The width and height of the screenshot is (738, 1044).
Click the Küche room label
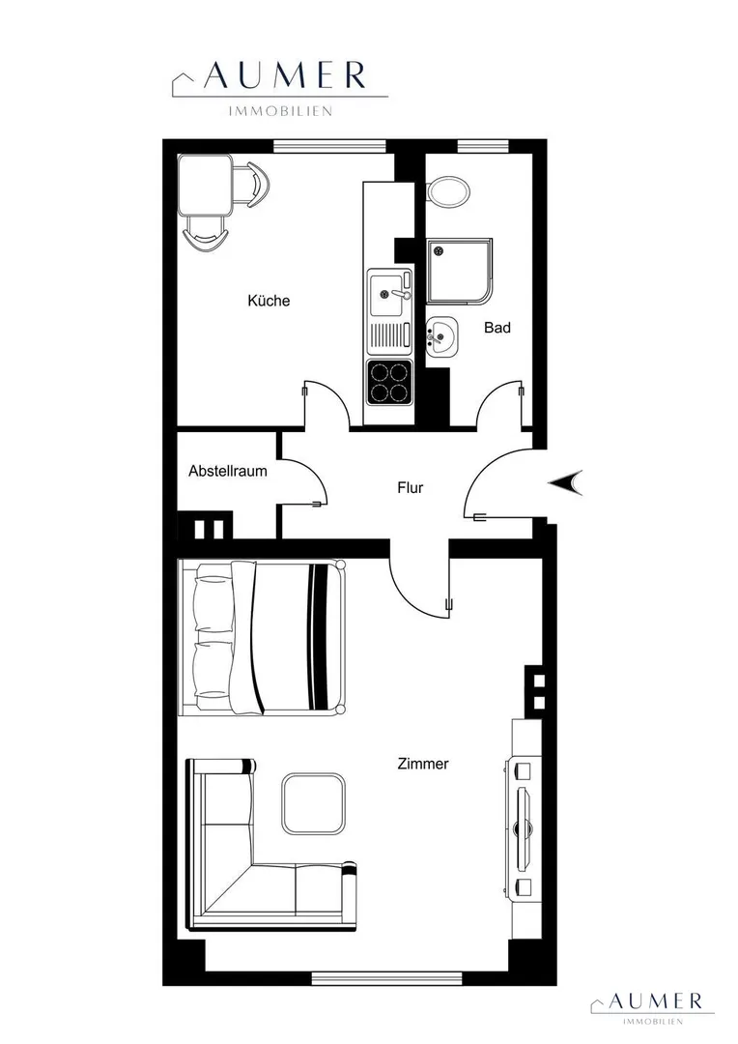[269, 301]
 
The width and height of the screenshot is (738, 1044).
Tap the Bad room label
[497, 328]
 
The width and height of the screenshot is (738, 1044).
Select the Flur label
[410, 488]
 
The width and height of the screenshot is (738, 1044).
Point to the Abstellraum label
[228, 472]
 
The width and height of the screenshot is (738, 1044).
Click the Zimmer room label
[422, 764]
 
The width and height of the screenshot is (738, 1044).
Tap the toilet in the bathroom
[449, 191]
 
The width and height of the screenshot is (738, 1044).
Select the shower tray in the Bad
[461, 271]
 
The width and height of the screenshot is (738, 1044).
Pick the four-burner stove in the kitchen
[389, 382]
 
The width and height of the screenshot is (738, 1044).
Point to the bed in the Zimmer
[262, 638]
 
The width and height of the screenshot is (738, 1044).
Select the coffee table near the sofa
[313, 803]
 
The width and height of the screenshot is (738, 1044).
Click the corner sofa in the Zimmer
[226, 892]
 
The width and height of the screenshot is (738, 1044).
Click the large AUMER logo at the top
[280, 87]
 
